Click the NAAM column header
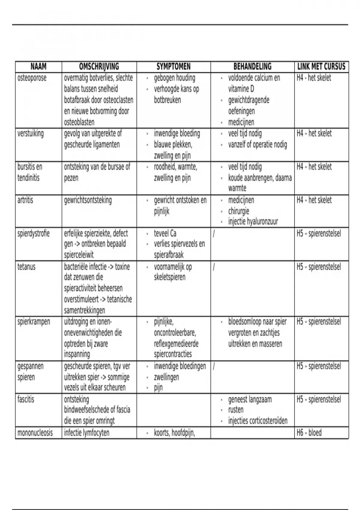coord(38,66)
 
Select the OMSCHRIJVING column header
coord(99,66)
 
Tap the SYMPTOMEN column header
coord(173,66)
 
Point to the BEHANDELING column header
coord(252,66)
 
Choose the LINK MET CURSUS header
coord(321,66)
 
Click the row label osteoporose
coord(32,78)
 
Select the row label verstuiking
coord(30,133)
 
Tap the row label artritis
coord(25,200)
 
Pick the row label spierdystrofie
coord(33,233)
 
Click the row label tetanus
coord(26,267)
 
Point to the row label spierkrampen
coord(34,322)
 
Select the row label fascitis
coord(26,400)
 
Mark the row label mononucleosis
coord(35,433)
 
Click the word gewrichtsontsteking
coord(88,200)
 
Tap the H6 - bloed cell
coord(309,433)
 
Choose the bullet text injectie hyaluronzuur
coord(253,222)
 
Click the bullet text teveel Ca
coord(165,233)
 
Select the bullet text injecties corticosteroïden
coord(258,421)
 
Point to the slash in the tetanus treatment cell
coord(214,267)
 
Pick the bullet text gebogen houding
coord(175,78)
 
